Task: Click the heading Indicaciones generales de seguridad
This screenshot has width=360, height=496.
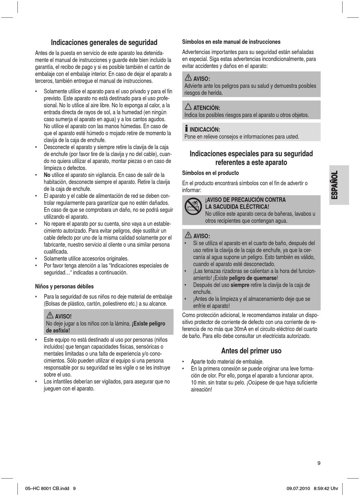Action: click(104, 42)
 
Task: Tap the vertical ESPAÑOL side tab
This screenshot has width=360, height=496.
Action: click(334, 185)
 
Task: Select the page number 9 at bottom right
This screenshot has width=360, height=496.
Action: click(319, 463)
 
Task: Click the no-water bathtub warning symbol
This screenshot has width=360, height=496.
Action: click(193, 207)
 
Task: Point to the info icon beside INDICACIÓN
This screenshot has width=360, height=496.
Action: click(186, 129)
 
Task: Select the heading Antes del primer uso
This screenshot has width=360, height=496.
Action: click(251, 351)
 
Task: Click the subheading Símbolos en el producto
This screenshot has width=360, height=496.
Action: click(210, 173)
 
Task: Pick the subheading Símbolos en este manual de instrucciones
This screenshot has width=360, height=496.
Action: click(231, 42)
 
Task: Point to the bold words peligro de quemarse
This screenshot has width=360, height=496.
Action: click(253, 278)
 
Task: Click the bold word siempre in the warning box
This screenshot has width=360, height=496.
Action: click(240, 285)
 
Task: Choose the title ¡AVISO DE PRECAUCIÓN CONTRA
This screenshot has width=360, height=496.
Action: click(245, 200)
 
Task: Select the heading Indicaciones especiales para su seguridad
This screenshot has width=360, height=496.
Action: click(251, 154)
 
